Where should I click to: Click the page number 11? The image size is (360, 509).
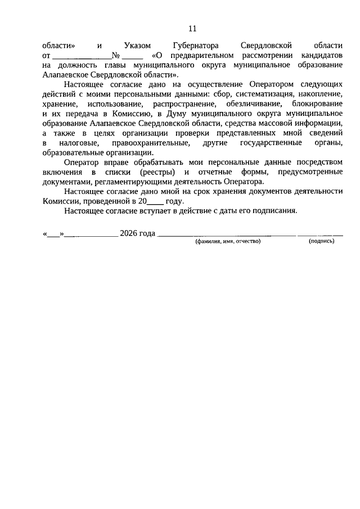point(192,29)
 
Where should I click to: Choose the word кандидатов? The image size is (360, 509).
point(319,57)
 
